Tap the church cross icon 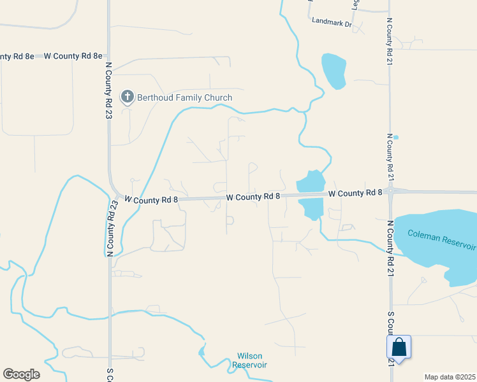coord(128,97)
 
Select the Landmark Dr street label coord(332,22)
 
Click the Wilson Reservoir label coord(249,360)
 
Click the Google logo coord(21,374)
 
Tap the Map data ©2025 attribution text coord(450,377)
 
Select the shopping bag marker coord(399,347)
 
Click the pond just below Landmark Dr coord(334,70)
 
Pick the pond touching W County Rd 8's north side coord(311,182)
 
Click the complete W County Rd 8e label coord(73,56)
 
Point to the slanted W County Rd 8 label coord(150,200)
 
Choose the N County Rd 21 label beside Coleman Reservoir coord(389,249)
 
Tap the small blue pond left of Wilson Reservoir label coord(202,351)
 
